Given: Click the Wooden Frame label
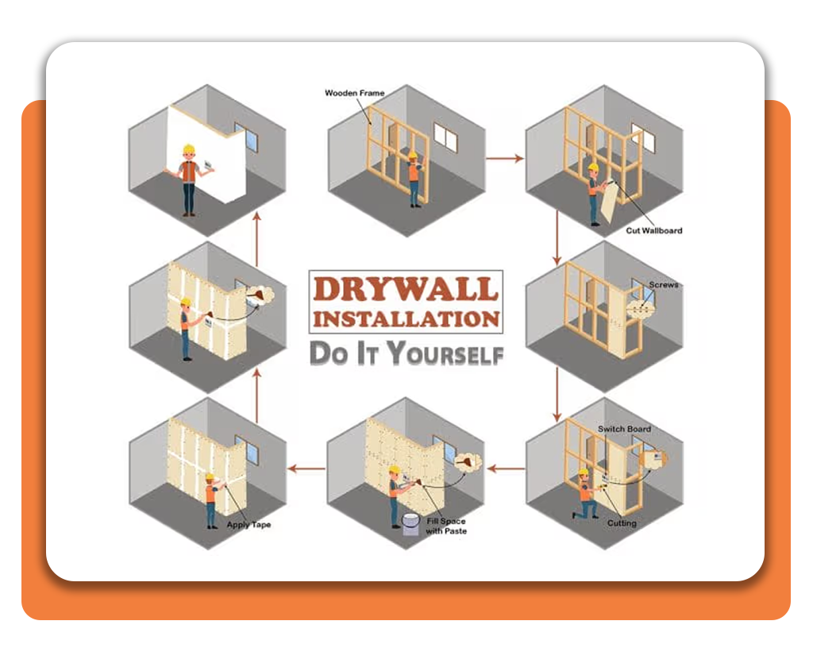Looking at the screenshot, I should coord(354,93).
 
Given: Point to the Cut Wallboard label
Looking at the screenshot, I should coord(652,230).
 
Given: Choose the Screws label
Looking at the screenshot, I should coord(664,284).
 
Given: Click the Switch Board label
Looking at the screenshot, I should coord(624,429).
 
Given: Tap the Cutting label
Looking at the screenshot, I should coord(622,523).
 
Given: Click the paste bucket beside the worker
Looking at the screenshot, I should coord(410,525).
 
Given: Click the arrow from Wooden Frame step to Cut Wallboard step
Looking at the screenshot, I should coord(504,159).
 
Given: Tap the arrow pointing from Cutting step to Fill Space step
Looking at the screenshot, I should coord(505,469).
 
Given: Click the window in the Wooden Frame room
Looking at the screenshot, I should coord(445,141).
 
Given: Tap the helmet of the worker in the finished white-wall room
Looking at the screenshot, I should coord(188,148).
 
